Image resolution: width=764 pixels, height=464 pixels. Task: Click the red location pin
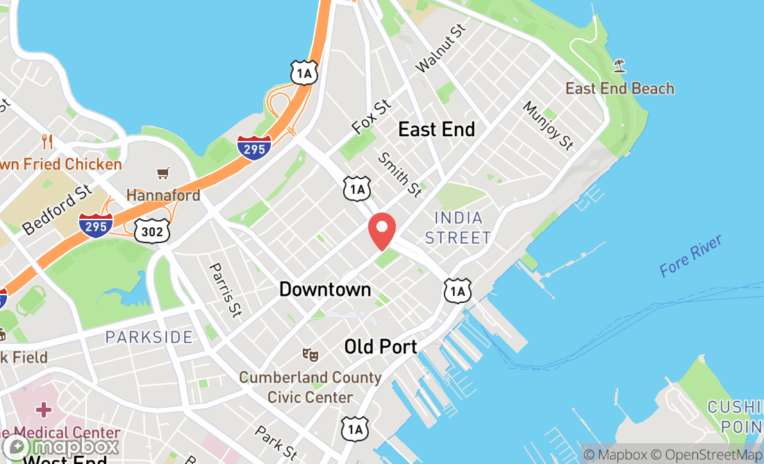pos(381,231)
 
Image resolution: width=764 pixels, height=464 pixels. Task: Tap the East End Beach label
pos(620,88)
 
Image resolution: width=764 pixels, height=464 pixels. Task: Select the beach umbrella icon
pos(620,67)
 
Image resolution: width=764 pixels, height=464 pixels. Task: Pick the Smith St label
pos(399,174)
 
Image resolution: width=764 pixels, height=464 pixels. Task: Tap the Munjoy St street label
pos(548,126)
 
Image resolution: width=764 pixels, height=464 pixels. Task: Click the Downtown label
pos(325,289)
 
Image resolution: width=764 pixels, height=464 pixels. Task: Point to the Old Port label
pos(381,347)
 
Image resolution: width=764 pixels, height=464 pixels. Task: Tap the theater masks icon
pos(310,354)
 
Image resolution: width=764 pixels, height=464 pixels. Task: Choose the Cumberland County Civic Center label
pos(310,388)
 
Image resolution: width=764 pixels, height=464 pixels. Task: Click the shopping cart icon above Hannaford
pos(163,173)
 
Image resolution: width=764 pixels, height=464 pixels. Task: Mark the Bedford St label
pos(57,209)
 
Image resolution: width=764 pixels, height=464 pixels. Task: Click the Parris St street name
pos(226,290)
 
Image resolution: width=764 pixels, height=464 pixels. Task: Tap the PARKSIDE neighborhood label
pos(149,338)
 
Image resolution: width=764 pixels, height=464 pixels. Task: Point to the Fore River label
pos(690,256)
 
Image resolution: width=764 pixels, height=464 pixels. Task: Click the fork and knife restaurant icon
pos(47,142)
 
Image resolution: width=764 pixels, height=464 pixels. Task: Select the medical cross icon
pos(44,409)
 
